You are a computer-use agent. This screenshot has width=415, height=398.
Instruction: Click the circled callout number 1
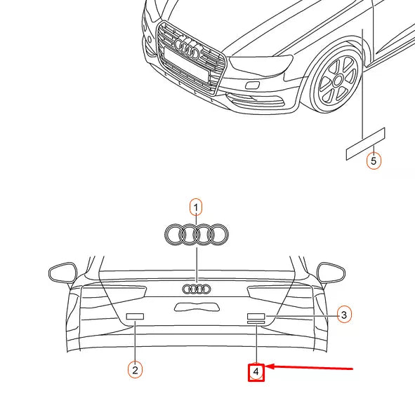pos(196,207)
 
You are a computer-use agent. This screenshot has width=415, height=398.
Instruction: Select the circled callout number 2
pos(134,368)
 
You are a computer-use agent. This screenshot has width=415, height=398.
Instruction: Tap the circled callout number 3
pos(343,315)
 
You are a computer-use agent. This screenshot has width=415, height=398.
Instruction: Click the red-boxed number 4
pos(256,371)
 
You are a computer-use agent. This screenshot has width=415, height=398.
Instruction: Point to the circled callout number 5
pos(374,161)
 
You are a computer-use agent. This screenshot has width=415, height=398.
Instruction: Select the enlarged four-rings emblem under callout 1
pos(196,235)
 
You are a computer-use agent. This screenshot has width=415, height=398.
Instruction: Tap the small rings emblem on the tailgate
pos(196,289)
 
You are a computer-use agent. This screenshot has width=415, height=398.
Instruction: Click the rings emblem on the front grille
pos(188,48)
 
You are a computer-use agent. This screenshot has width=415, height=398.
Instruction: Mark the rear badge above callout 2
pos(134,317)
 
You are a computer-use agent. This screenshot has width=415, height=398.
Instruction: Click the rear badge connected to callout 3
pos(256,317)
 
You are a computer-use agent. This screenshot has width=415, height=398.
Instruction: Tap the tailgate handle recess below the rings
pos(196,306)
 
